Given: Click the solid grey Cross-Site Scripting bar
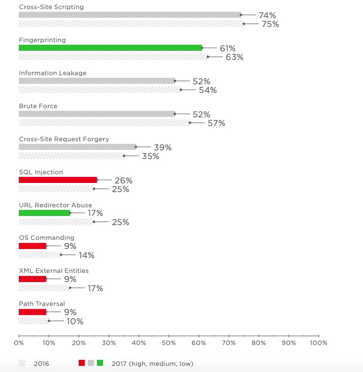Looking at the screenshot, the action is (130, 15).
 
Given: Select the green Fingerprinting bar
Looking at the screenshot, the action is (110, 48).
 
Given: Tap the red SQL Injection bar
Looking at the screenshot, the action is (58, 180).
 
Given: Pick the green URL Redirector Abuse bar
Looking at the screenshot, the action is (44, 213).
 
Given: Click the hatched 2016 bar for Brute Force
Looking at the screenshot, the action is (105, 122).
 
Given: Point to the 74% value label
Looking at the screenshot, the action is (267, 15).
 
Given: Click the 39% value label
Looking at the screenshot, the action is (163, 147).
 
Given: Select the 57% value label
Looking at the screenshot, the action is (216, 123).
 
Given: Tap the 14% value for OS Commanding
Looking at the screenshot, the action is (86, 255).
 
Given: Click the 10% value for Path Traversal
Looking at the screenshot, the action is (75, 322).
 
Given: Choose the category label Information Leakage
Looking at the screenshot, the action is (53, 73).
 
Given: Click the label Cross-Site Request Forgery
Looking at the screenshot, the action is (64, 139).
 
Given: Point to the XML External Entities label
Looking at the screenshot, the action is (54, 271).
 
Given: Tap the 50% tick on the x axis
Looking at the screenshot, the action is (169, 336).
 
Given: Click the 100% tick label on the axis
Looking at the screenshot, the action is (319, 343).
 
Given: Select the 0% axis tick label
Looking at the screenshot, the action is (19, 343).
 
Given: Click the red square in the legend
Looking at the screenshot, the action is (82, 363).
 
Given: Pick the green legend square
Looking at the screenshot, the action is (100, 363).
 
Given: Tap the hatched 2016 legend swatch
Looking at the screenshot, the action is (22, 363).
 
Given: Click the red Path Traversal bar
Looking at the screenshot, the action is (32, 312).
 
